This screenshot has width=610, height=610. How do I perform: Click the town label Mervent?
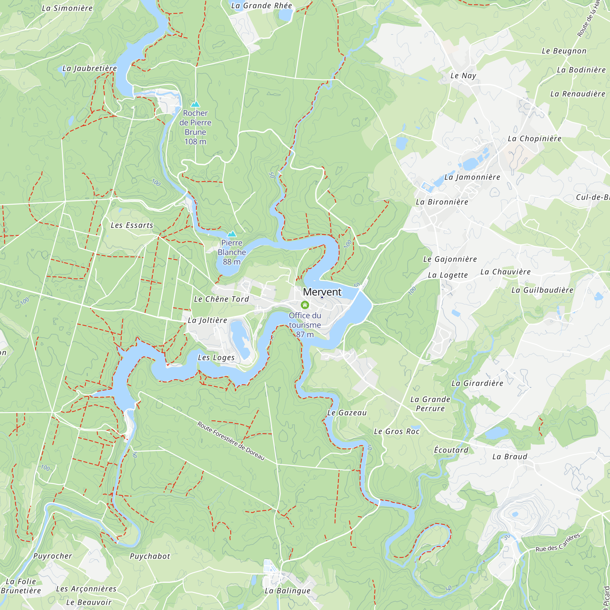322,292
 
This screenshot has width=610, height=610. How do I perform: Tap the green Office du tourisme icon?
305,305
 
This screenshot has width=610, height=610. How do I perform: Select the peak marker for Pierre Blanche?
232,234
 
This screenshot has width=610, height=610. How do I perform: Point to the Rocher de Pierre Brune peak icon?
195,104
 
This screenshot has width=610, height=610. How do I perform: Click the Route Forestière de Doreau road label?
231,441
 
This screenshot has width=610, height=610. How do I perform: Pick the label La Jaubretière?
90,69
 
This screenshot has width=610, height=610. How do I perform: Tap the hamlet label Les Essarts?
132,225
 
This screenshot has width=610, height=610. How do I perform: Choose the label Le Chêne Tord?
221,299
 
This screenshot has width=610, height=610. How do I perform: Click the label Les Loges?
216,357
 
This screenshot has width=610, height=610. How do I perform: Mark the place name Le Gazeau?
347,413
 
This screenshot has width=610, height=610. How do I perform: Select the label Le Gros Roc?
396,431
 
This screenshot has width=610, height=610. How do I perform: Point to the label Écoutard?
451,450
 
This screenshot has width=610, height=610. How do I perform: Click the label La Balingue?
287,591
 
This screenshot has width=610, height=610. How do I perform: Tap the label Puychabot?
150,556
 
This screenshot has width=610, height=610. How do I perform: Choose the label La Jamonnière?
472,177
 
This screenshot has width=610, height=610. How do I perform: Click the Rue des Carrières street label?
558,542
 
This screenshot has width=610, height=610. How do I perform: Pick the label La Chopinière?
534,138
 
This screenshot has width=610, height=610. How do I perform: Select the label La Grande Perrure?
430,404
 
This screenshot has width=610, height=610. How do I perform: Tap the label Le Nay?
463,75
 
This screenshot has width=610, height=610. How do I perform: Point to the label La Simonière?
67,8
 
